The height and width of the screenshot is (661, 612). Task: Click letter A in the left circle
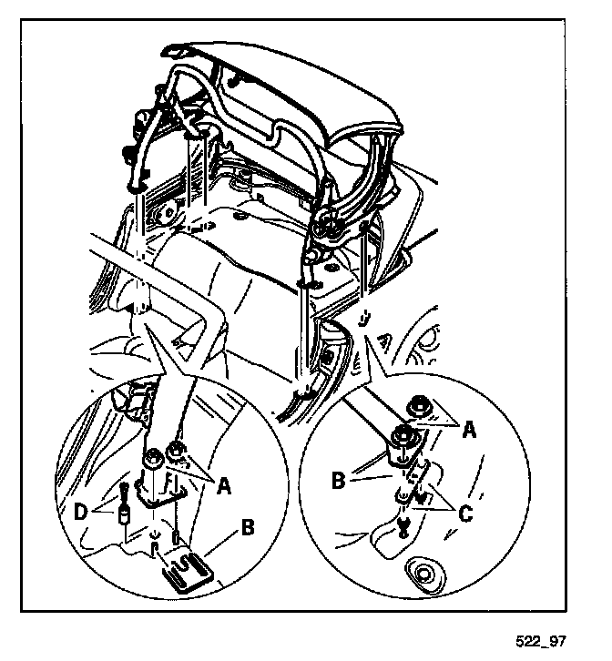(x=223, y=485)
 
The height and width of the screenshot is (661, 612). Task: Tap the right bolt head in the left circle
(x=177, y=450)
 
